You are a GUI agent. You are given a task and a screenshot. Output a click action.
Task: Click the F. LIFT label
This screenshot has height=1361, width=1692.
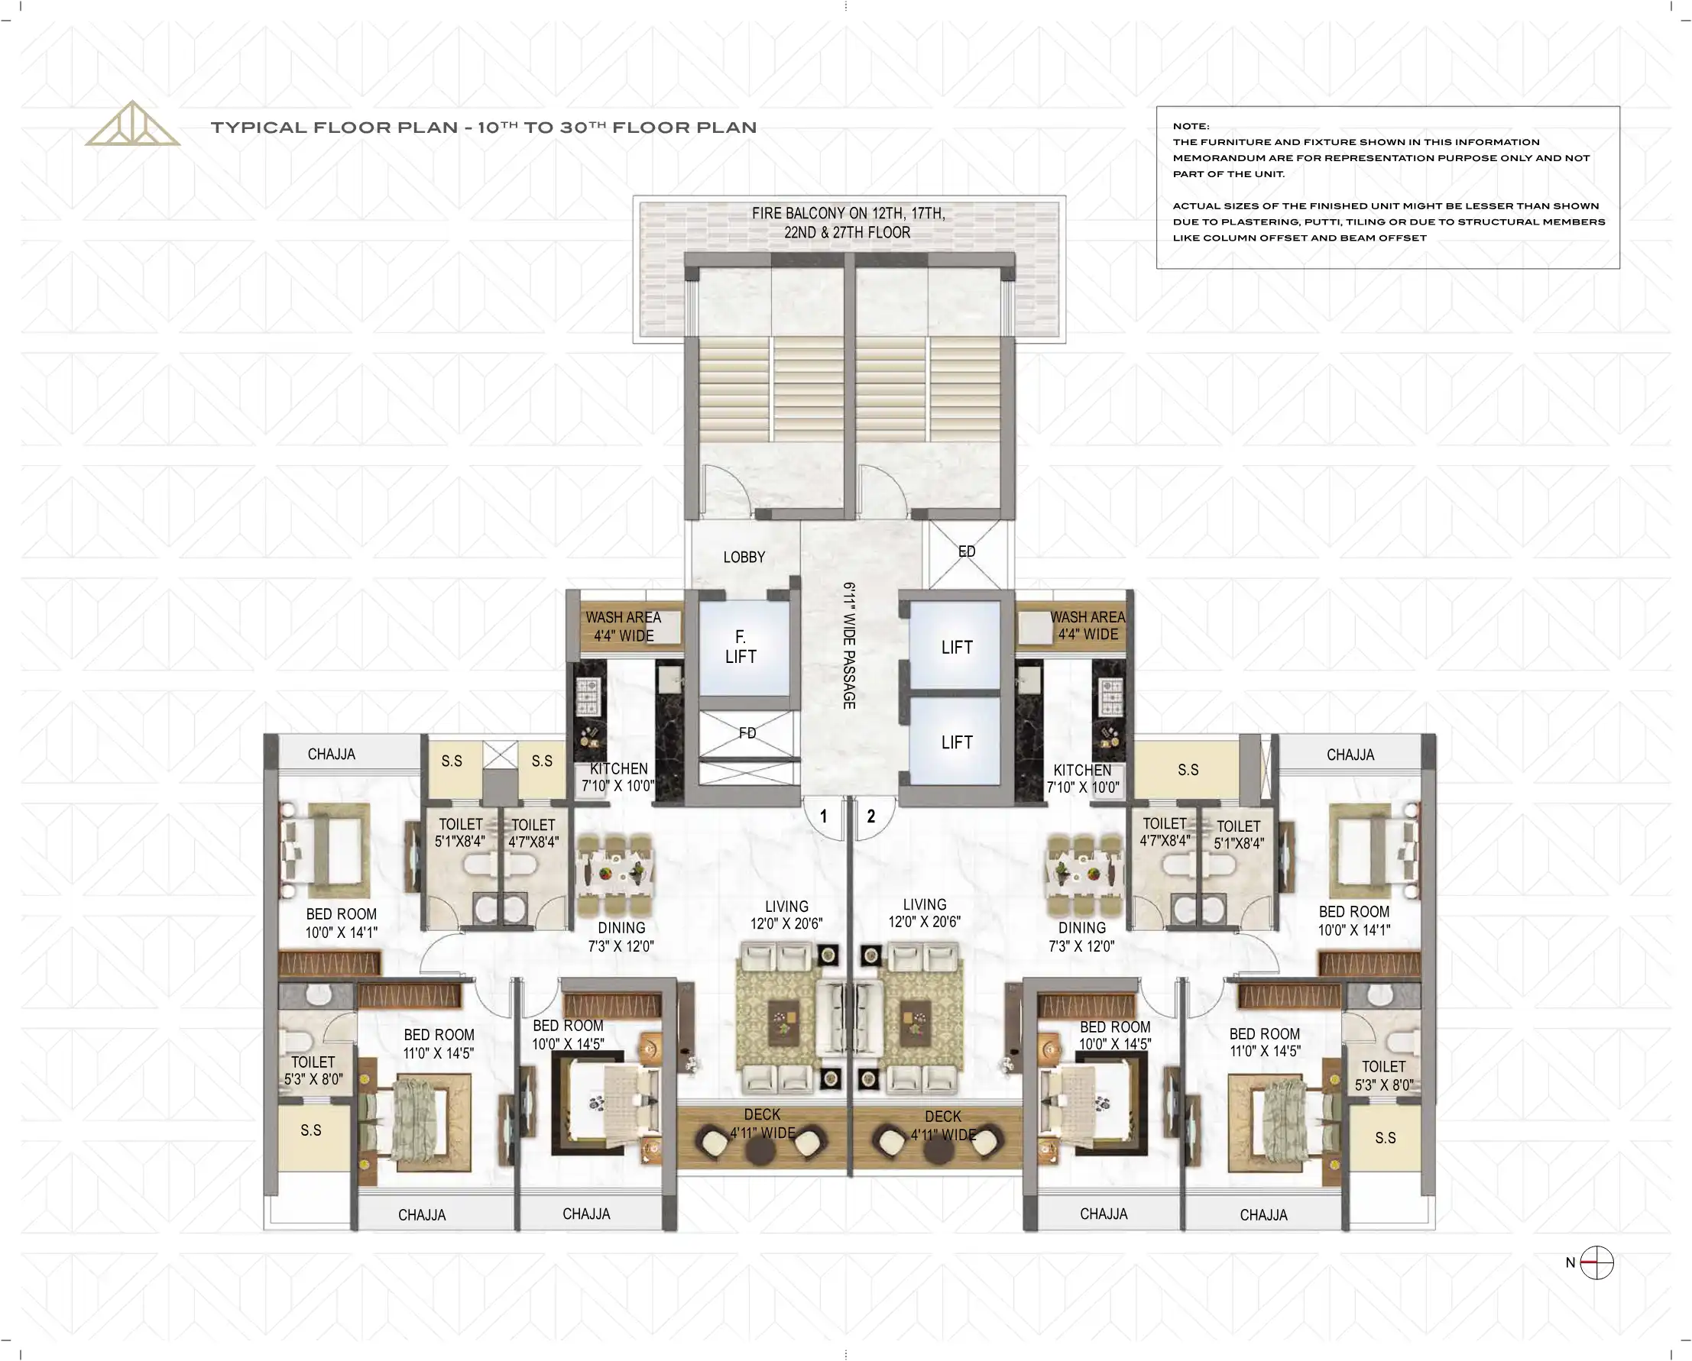(740, 647)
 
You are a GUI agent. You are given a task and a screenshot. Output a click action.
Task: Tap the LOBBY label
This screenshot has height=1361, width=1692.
(744, 557)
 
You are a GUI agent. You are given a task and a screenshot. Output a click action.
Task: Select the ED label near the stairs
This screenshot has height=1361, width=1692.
(967, 551)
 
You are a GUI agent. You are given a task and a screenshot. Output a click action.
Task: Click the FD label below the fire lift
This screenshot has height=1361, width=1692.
(747, 732)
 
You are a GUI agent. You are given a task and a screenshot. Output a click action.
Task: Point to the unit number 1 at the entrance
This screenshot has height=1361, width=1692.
(823, 816)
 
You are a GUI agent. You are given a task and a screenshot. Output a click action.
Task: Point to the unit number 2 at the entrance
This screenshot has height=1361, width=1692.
(871, 816)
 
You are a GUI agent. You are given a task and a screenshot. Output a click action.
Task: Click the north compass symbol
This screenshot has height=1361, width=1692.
(1596, 1263)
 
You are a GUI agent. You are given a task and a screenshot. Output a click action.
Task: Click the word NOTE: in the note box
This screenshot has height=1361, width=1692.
(1191, 126)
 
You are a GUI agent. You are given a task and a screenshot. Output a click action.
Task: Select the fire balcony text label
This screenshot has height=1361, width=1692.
(848, 223)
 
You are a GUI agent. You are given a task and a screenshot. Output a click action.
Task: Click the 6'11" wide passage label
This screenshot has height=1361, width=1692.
(849, 645)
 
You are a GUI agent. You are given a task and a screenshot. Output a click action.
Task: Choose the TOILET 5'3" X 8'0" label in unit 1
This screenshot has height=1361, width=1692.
(313, 1071)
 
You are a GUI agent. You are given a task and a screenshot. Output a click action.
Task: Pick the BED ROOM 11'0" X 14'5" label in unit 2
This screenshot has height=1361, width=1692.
(1264, 1043)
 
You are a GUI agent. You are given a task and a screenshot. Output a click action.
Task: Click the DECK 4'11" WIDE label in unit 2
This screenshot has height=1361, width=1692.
(943, 1126)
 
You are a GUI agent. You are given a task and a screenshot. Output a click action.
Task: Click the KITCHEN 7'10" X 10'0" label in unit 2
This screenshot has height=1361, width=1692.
(1082, 779)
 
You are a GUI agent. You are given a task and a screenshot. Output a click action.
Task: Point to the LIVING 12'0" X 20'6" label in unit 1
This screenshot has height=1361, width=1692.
(786, 916)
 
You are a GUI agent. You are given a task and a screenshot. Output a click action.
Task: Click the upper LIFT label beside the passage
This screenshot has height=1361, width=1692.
(957, 648)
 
